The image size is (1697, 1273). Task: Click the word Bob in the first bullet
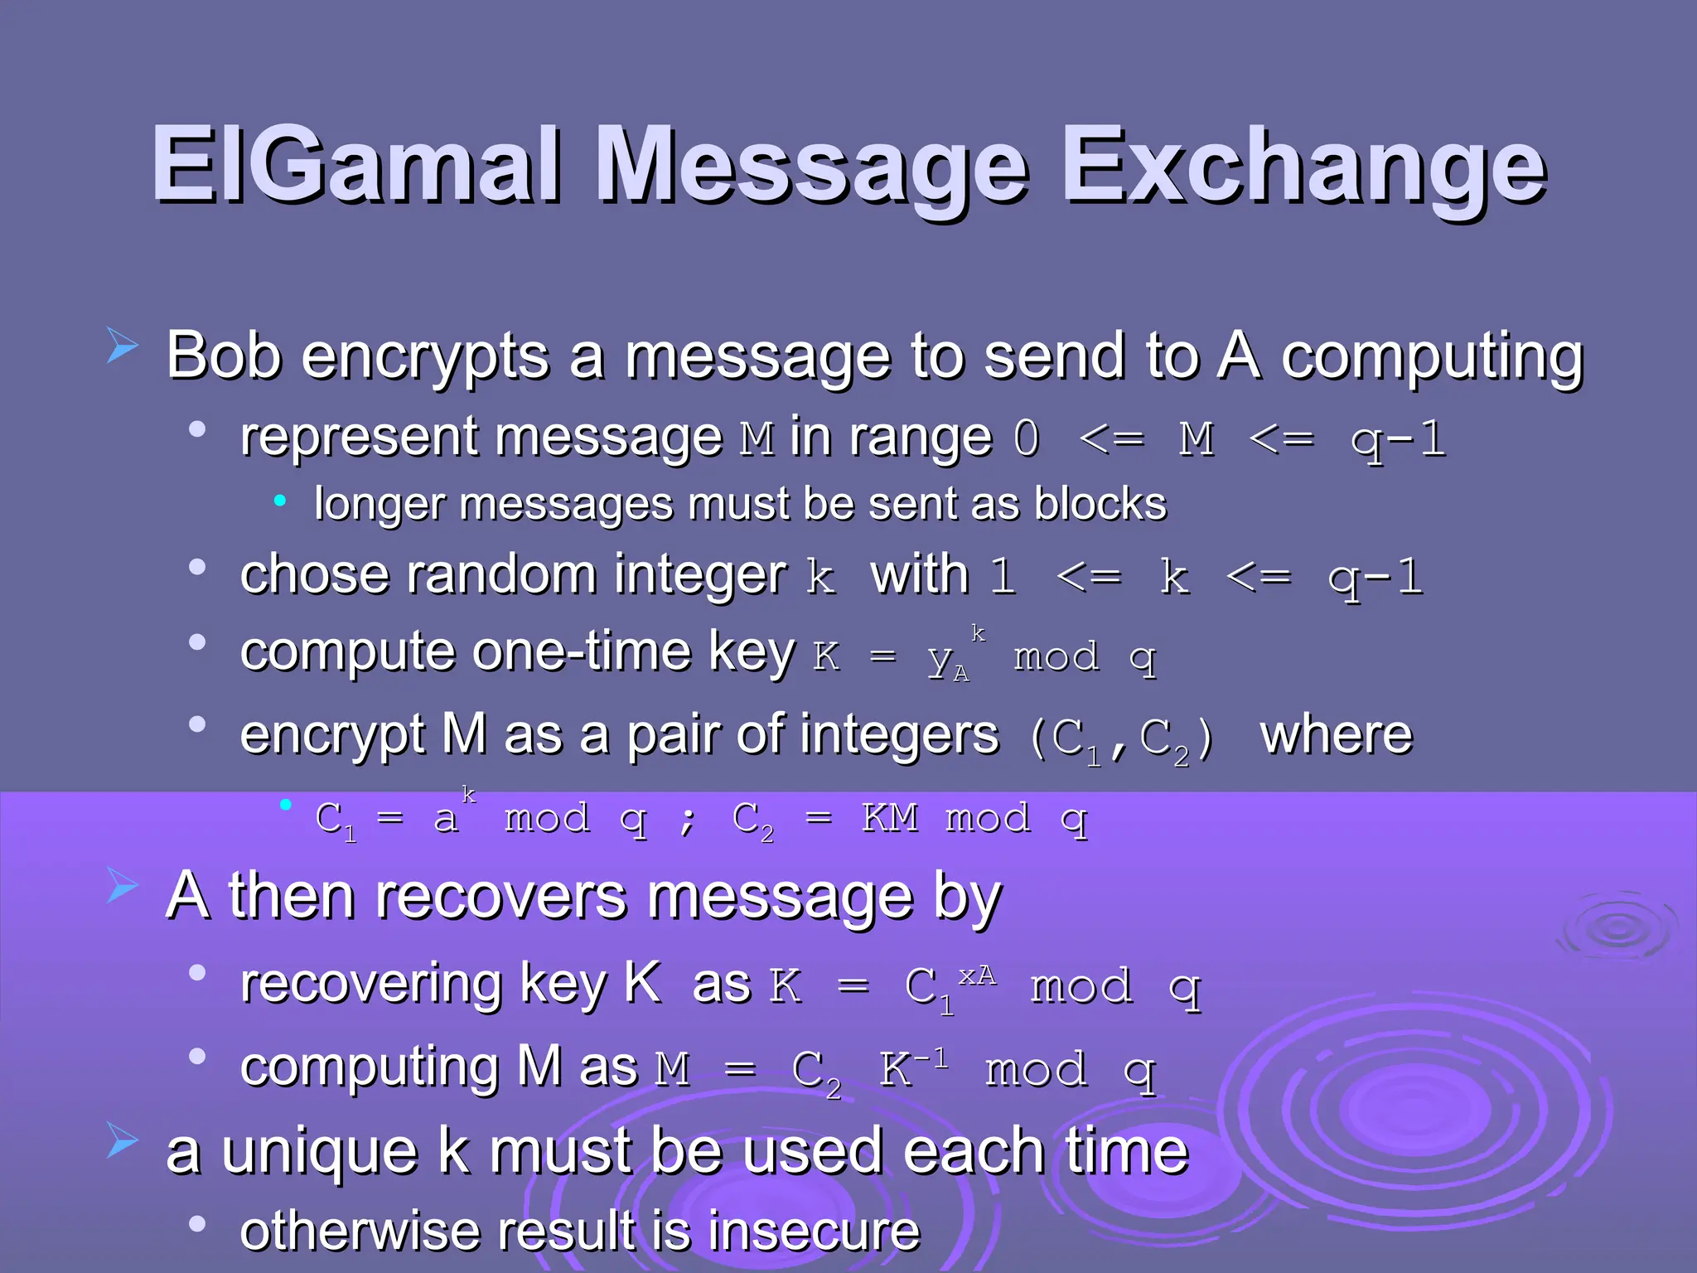point(224,356)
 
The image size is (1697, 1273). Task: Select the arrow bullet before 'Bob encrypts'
point(123,346)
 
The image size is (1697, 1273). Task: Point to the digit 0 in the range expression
point(1027,438)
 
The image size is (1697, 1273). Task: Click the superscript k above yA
point(979,633)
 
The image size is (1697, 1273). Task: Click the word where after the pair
point(1336,735)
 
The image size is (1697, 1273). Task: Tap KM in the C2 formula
point(890,818)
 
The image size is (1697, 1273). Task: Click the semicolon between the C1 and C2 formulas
point(687,820)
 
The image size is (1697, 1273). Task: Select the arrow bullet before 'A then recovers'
point(123,887)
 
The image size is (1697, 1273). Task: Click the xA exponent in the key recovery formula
point(977,975)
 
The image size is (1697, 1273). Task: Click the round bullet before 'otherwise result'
point(197,1224)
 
